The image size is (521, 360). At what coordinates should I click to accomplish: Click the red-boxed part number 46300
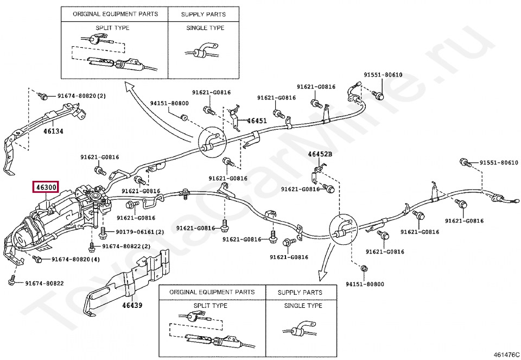point(46,187)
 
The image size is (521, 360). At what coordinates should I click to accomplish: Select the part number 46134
point(54,131)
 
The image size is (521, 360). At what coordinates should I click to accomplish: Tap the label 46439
point(132,305)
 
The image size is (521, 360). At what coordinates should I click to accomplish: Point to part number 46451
point(257,121)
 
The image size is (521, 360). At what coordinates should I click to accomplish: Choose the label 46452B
point(320,154)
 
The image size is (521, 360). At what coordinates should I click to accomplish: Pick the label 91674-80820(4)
point(76,259)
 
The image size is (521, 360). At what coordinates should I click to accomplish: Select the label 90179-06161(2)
point(140,232)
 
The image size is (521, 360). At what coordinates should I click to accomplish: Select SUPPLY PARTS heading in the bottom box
point(300,292)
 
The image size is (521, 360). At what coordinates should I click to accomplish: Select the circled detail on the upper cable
point(211,143)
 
